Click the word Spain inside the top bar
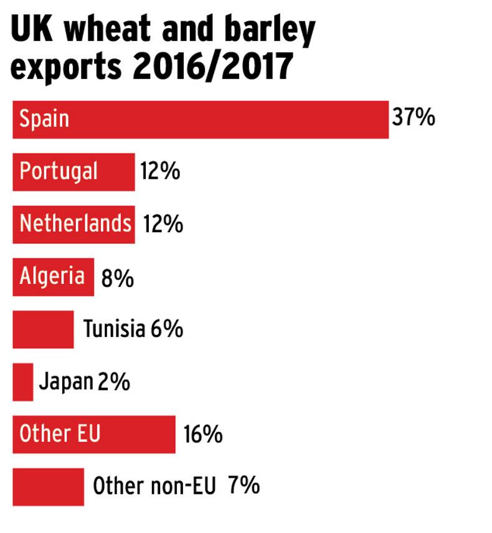44,118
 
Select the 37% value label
413,118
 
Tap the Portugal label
59,171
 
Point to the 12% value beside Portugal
160,171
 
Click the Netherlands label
75,223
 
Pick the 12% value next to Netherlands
163,224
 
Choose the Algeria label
52,276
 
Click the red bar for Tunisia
43,329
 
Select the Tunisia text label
114,329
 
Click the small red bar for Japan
22,382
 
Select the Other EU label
59,433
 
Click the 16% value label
203,434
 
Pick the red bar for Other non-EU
48,486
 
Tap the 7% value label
244,485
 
